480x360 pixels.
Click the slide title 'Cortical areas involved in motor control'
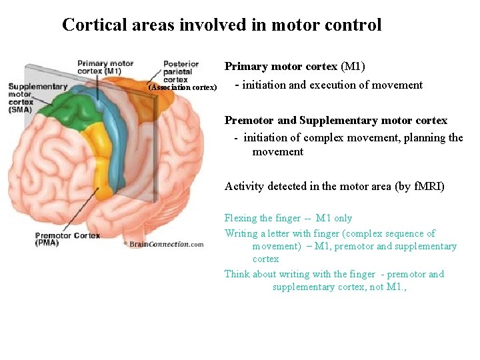coord(221,25)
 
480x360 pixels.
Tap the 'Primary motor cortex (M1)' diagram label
coord(105,67)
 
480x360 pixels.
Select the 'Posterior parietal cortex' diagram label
coord(181,71)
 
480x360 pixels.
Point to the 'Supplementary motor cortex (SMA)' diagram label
coord(36,97)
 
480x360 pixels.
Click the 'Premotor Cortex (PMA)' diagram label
coord(67,239)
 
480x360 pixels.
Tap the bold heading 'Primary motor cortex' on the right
coord(281,67)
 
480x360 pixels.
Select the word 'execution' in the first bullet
coord(333,85)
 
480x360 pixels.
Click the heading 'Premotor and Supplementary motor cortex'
coord(336,121)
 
